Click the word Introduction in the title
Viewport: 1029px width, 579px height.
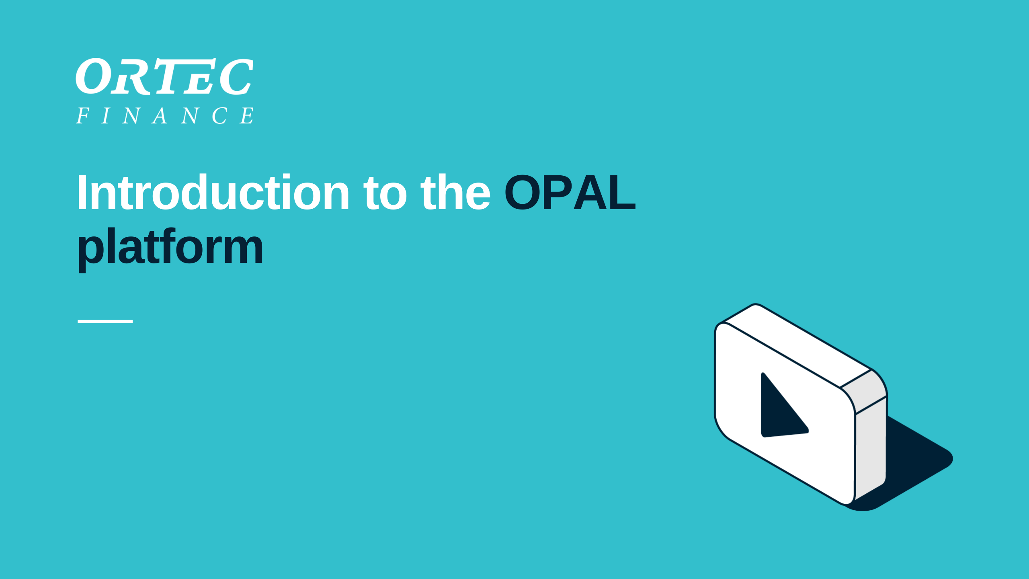pos(213,192)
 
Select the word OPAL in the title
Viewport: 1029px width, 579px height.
pos(570,192)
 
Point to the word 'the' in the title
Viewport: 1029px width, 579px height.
pos(455,192)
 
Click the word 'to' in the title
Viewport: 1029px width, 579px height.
pos(385,195)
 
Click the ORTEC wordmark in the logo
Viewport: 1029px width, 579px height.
pos(164,76)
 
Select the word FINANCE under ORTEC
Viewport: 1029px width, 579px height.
pos(165,116)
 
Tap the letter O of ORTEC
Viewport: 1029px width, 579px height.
pos(91,76)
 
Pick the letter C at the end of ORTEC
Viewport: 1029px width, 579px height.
pos(236,77)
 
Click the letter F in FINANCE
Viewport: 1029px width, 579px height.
pos(83,116)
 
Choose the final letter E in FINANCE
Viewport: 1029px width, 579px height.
pos(247,116)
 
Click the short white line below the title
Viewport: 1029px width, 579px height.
pos(105,322)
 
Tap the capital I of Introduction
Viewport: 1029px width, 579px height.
pos(82,192)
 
